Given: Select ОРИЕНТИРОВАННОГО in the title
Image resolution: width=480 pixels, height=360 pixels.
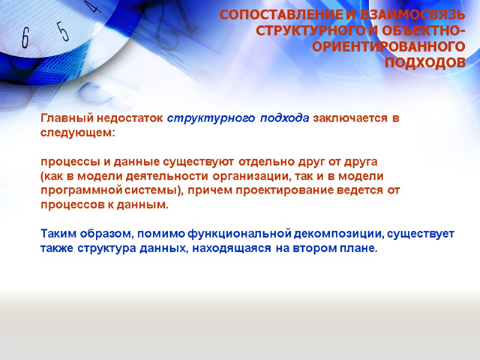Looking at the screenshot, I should (x=389, y=47).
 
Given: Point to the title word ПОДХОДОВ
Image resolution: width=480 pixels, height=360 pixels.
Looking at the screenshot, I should (x=425, y=63).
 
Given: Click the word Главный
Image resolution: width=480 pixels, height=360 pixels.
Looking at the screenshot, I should (x=62, y=118).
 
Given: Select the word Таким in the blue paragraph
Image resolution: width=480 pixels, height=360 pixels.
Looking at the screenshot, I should (x=57, y=233).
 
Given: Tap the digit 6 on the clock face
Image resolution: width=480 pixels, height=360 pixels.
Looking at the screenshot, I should (x=25, y=39).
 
